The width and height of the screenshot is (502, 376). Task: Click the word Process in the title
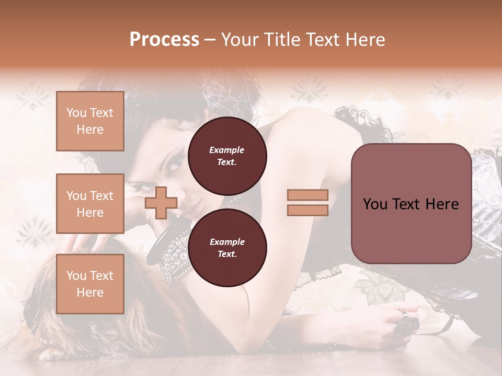coord(164,39)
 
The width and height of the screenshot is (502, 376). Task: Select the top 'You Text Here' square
coord(90,121)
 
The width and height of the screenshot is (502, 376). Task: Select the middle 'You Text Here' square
coord(90,204)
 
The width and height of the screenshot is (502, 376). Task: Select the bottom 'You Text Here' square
coord(90,284)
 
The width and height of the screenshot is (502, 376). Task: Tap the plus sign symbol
coord(161,203)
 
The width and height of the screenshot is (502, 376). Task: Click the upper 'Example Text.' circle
coord(227,156)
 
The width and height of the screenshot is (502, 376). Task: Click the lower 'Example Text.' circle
coord(227,248)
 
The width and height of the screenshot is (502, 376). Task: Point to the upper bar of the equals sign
coord(307,195)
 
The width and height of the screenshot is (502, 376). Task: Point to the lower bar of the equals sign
coord(307,210)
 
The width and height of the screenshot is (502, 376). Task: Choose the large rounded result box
coord(411,204)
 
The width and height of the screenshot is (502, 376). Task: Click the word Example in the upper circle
coord(227,150)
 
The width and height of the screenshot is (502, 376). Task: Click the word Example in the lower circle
coord(227,242)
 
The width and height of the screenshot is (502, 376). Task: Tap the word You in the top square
coord(76,113)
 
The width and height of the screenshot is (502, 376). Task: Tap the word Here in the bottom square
coord(90,292)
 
